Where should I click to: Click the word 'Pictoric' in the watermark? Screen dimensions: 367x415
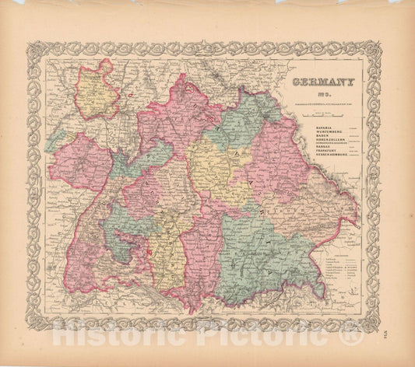(265, 334)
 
